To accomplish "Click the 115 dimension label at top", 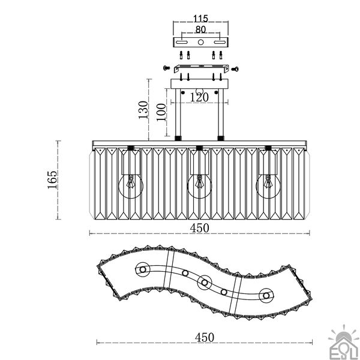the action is tap(200, 19).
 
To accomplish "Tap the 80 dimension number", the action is tap(200, 29).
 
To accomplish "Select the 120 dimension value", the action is tap(199, 97).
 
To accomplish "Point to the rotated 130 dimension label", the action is tap(143, 110).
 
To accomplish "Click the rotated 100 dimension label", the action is tap(161, 112).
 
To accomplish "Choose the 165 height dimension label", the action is tap(52, 180).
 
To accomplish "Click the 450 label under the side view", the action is tap(200, 228).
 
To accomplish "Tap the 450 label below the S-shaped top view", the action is tap(205, 337).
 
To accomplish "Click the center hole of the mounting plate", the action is tap(200, 42).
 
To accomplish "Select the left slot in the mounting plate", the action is tap(182, 42).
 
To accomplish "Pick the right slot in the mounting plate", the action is tap(220, 42).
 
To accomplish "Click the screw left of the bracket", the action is tap(166, 68).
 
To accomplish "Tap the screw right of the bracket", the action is tap(235, 69).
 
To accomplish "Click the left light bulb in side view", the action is tap(131, 186).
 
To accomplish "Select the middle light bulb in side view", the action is tap(199, 186).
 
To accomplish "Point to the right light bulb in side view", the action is tap(268, 186).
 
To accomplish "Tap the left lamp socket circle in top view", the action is tap(143, 269).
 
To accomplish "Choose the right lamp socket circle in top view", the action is tap(266, 295).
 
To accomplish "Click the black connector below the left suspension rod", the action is tap(178, 138).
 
